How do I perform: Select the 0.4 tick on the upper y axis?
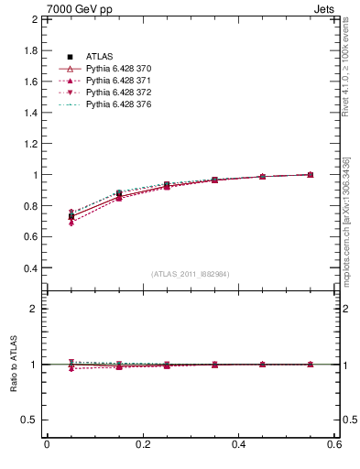click(x=31, y=268)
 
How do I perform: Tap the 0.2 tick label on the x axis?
click(x=143, y=445)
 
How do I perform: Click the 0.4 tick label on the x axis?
click(x=239, y=445)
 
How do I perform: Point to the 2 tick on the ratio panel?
click(x=35, y=309)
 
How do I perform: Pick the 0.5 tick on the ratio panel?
click(x=31, y=420)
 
